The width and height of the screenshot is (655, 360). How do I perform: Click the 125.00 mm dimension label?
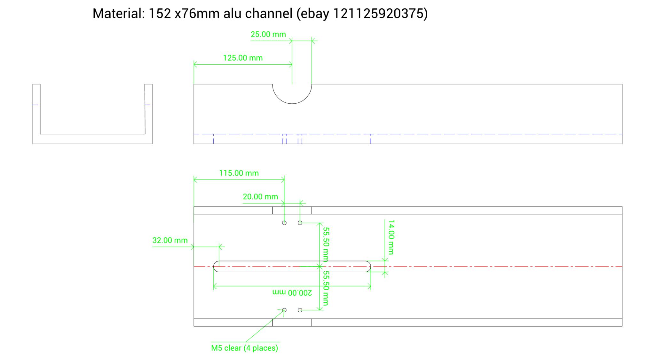click(x=243, y=58)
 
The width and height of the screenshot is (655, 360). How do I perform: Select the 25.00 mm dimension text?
click(x=268, y=35)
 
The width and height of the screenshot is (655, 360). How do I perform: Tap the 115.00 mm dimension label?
click(x=239, y=173)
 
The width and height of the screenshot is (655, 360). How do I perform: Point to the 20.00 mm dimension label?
click(x=260, y=197)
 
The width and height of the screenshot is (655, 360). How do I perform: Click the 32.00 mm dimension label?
click(x=170, y=240)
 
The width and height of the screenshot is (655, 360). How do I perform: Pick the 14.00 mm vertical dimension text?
click(x=391, y=237)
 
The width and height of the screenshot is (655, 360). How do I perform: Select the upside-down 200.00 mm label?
click(x=292, y=292)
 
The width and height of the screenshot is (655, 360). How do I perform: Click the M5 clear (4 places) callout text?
click(x=244, y=348)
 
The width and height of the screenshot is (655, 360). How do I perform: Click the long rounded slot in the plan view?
click(x=292, y=267)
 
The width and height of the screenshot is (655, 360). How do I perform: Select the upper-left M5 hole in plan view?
click(x=284, y=223)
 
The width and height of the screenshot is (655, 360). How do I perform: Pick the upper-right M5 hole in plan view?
click(x=300, y=223)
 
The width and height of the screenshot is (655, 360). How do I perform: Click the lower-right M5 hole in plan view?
click(x=300, y=310)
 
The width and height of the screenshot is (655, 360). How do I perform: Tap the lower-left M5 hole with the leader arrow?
click(x=284, y=310)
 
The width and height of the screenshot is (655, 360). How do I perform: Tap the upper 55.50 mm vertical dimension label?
click(x=326, y=244)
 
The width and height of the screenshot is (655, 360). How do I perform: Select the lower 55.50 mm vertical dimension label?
click(x=326, y=288)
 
